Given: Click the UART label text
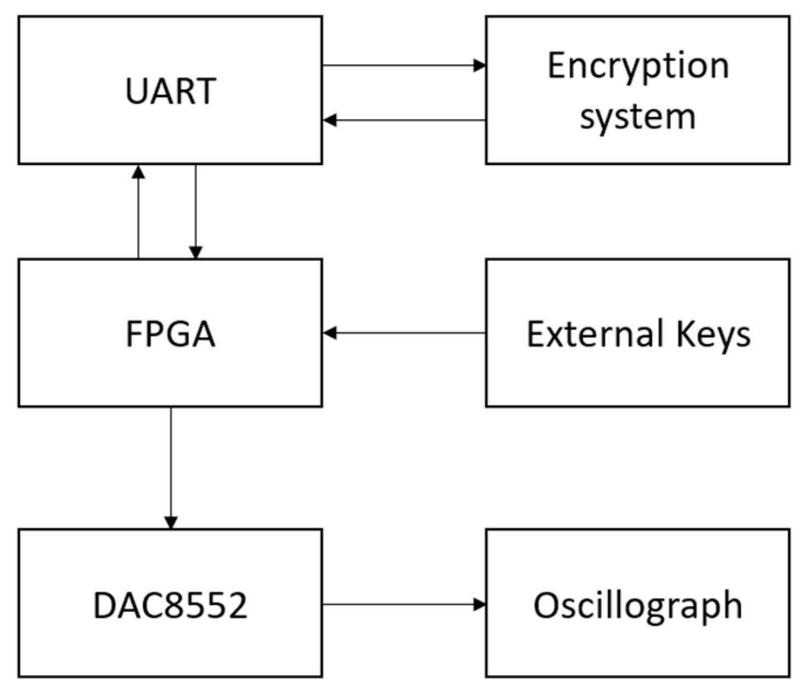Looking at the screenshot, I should (170, 91).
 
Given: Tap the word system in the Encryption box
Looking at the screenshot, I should (637, 117).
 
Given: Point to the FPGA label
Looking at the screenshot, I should (170, 333).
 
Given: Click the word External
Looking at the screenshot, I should (595, 333).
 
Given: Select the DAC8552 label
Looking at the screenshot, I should (170, 605).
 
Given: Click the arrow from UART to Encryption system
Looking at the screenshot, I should (403, 66).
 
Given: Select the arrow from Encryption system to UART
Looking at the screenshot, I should (403, 120).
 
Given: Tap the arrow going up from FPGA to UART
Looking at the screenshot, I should (139, 214).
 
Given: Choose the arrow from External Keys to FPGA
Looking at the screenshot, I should (403, 333).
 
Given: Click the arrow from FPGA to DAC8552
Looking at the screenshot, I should (171, 466).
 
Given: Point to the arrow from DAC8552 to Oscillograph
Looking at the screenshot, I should (403, 604).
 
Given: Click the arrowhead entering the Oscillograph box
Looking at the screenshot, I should (479, 604).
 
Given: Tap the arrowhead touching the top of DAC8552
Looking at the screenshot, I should (171, 522).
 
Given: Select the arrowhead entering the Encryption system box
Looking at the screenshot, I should (479, 66).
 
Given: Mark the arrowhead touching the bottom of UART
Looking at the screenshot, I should (139, 172).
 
